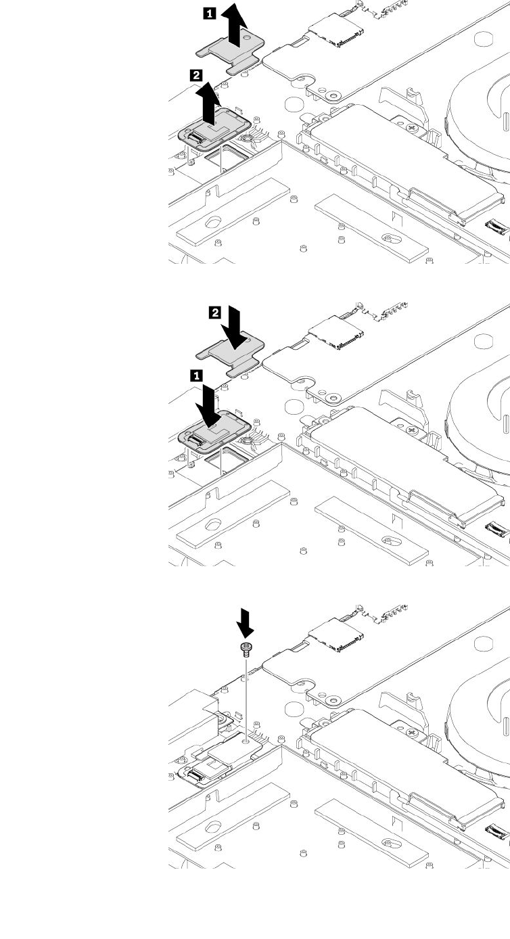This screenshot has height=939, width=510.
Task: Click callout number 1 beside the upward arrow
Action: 210,12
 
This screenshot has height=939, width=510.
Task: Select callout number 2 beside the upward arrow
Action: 197,76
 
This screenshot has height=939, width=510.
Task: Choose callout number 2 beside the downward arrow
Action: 215,312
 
